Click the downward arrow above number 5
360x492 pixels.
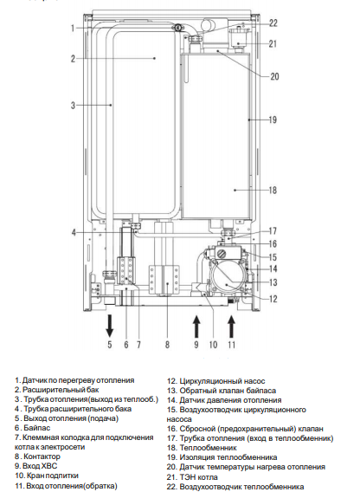(x=109, y=326)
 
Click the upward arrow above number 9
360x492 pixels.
(x=196, y=327)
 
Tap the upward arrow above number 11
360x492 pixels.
(x=231, y=327)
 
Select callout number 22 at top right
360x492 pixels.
(x=273, y=23)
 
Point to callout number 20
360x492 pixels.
(x=274, y=76)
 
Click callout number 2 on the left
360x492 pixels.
(x=73, y=59)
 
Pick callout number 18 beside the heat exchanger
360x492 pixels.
(x=273, y=191)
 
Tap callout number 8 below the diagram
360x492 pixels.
(x=167, y=345)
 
